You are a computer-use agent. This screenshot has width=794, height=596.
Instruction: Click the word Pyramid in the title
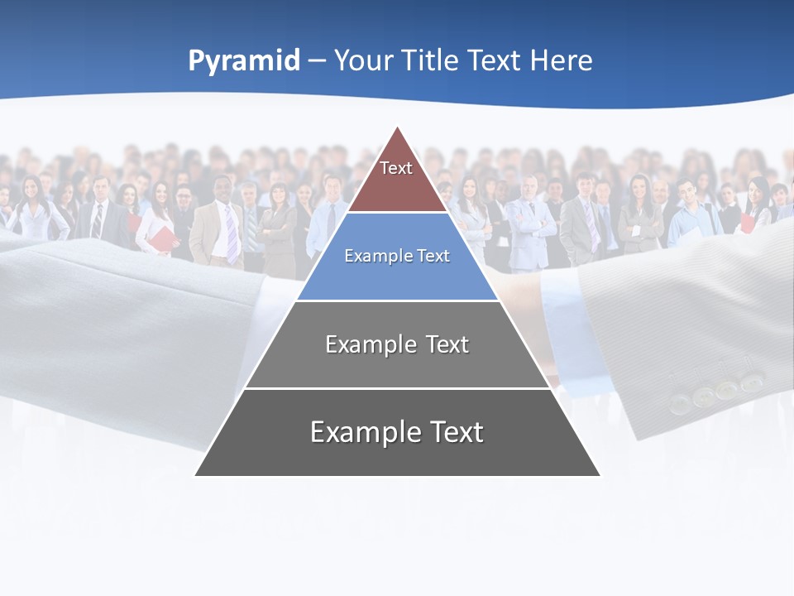244,61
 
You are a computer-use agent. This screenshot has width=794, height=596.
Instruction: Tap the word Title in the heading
431,61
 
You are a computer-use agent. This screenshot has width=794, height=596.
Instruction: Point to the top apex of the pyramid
398,127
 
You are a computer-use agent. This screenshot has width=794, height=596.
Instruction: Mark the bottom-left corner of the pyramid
196,474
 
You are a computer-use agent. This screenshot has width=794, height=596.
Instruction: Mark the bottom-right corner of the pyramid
599,474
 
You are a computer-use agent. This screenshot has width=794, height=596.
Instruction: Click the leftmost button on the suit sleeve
680,402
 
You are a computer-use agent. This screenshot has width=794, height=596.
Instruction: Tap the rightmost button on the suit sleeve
751,382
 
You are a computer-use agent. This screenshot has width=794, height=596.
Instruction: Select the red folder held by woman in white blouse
164,240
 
